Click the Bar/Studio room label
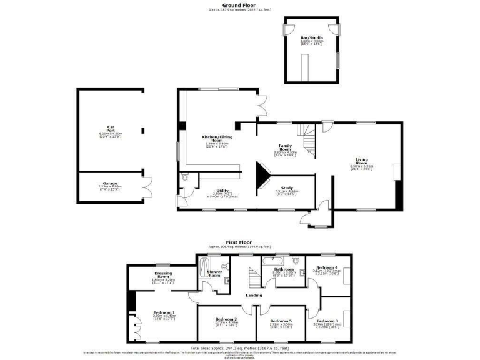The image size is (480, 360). click(x=312, y=37)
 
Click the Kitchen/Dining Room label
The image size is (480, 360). click(x=216, y=138)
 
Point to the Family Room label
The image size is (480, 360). click(x=285, y=147)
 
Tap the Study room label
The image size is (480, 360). click(x=287, y=187)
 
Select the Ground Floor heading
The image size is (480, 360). click(x=240, y=5)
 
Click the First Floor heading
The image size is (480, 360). click(x=239, y=241)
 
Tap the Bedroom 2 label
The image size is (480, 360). click(x=227, y=321)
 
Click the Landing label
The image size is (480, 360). click(x=254, y=295)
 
